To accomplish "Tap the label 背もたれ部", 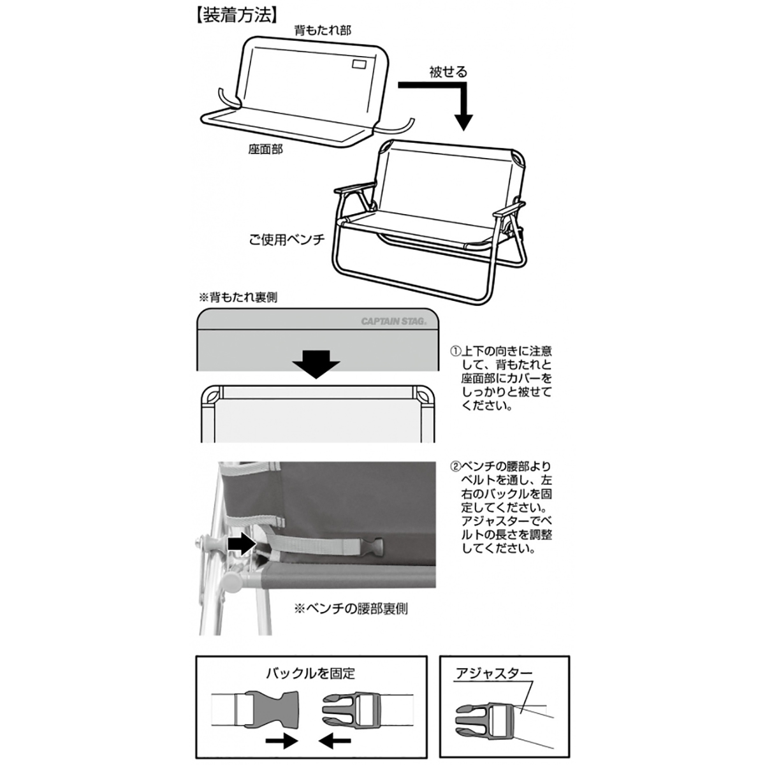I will pos(322,30).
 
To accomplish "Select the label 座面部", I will pos(265,149).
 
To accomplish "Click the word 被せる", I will pos(448,72).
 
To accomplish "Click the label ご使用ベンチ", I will pos(287,240).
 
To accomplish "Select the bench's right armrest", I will pos(513,208).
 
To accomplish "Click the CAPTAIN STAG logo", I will pos(398,321).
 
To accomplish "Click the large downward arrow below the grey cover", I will pos(317,364).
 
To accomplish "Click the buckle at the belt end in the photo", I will pos(373,547).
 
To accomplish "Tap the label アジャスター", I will pos(493,673).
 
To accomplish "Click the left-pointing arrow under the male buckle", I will pos(333,741).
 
